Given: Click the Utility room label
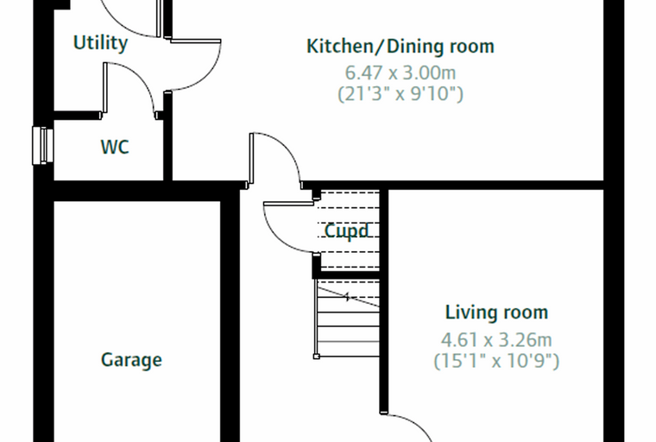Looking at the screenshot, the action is [x=100, y=42].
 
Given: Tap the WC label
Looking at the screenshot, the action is [x=115, y=147].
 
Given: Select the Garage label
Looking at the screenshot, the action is [x=131, y=360].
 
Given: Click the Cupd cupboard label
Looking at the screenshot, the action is [x=347, y=230].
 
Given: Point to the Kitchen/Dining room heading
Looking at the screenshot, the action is [x=401, y=46].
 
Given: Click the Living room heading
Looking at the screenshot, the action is [x=496, y=313].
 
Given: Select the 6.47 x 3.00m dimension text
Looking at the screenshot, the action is [x=401, y=73].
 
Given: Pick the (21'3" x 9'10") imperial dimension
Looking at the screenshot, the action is [x=401, y=94].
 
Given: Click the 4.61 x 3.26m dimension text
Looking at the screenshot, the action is [x=496, y=340].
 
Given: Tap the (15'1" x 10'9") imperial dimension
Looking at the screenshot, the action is [x=496, y=361].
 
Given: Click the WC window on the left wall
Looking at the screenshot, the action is [x=42, y=146].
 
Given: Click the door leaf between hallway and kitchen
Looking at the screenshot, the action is [x=251, y=158].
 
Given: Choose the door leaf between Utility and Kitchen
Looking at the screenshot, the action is [x=195, y=41].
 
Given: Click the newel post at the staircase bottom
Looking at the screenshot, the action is [x=317, y=357].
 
